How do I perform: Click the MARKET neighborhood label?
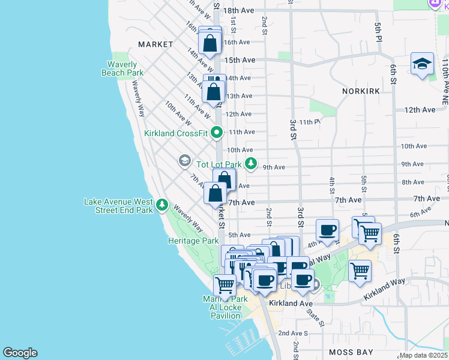tap(155, 44)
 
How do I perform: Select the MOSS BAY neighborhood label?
tap(351, 352)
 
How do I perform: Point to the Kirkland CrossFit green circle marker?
tap(217, 133)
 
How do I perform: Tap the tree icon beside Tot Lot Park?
tap(251, 164)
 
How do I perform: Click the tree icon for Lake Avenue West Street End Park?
tap(161, 206)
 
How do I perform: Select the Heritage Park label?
tap(193, 241)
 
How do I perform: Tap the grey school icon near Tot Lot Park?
tap(184, 161)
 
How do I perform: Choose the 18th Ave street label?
tap(239, 11)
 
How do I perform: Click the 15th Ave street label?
tap(240, 60)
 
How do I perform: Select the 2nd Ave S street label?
tap(292, 333)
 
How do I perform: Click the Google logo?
tap(20, 353)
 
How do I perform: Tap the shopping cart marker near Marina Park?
tap(224, 286)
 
